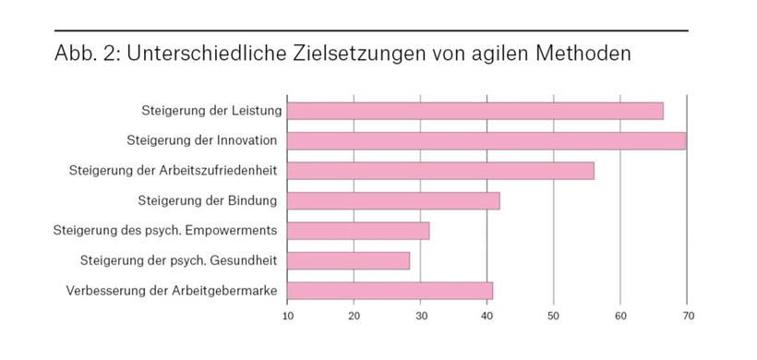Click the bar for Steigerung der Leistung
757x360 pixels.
click(475, 111)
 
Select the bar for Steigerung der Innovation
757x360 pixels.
click(486, 140)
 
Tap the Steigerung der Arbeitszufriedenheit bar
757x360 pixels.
click(440, 171)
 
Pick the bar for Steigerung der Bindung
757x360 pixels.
click(393, 200)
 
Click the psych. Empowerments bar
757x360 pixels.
click(358, 230)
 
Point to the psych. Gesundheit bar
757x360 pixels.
click(348, 260)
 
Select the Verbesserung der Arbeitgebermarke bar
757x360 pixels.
click(390, 291)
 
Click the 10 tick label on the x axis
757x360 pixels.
click(287, 317)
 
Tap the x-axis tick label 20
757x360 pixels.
click(354, 317)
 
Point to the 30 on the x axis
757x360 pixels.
click(420, 317)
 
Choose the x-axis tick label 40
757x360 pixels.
click(487, 317)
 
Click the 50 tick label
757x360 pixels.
click(553, 317)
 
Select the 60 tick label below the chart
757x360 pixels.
click(619, 317)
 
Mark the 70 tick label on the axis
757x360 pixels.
click(686, 317)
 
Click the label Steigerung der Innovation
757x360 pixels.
click(202, 140)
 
